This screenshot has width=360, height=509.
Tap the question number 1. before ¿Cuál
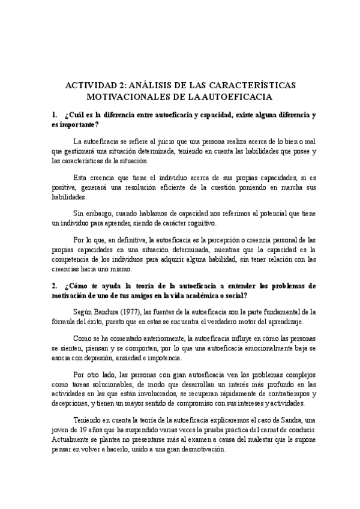point(55,114)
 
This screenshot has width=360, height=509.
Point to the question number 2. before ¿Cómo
point(55,286)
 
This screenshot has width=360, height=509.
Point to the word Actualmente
point(73,442)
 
